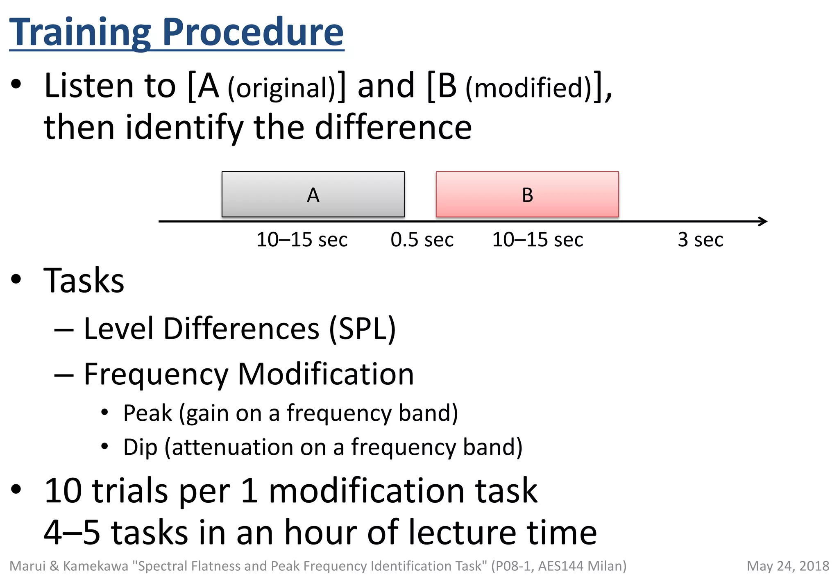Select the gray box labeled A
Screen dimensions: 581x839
coord(313,194)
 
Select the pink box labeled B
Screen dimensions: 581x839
coord(527,194)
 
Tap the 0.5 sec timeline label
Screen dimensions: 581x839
coord(422,240)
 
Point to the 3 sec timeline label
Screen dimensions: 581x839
coord(700,240)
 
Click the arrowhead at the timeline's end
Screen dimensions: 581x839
coord(763,221)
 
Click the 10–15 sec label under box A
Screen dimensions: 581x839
coord(302,240)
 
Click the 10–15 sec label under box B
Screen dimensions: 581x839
coord(537,240)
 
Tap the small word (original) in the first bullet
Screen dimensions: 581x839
coord(282,88)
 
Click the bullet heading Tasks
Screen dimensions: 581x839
coord(84,281)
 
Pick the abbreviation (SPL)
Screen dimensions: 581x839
coord(363,329)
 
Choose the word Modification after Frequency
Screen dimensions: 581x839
coord(326,374)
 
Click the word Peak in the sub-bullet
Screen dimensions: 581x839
coord(147,413)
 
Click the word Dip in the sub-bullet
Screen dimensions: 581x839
coord(140,447)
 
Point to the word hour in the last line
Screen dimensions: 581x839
coord(321,532)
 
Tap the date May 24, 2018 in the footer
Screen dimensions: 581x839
coord(788,566)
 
